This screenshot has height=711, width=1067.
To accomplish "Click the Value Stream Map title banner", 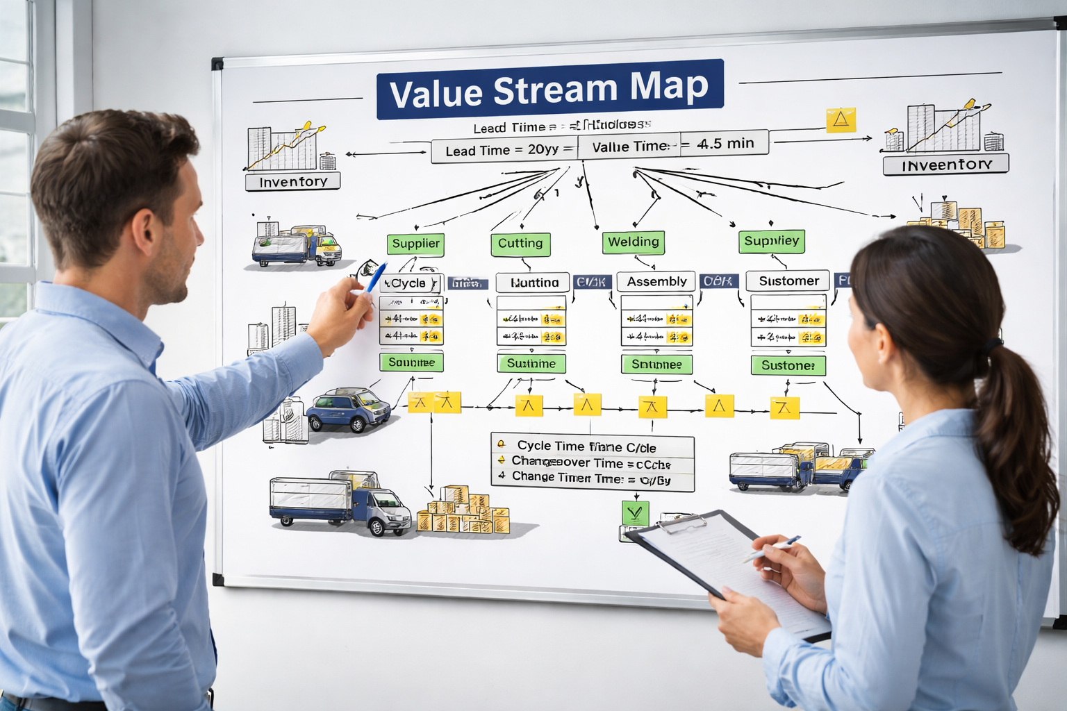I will tap(549, 90).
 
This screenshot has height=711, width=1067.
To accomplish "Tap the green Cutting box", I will tap(520, 244).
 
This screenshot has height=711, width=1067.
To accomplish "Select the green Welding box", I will tap(633, 242).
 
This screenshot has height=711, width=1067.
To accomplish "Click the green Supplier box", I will tap(415, 244).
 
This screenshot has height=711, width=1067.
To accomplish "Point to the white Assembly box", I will tap(656, 281).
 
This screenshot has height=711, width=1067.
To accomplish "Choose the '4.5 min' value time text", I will tap(725, 144).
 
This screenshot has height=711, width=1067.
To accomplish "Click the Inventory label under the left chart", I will tap(292, 182).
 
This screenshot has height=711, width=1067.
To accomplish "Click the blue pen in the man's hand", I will tap(375, 277).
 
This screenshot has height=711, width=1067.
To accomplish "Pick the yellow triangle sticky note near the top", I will tap(841, 120).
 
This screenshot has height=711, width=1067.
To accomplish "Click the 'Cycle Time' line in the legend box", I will tap(586, 446).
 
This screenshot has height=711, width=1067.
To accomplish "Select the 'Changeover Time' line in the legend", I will tap(590, 462).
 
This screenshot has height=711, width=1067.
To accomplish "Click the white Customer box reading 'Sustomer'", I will tap(788, 281).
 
